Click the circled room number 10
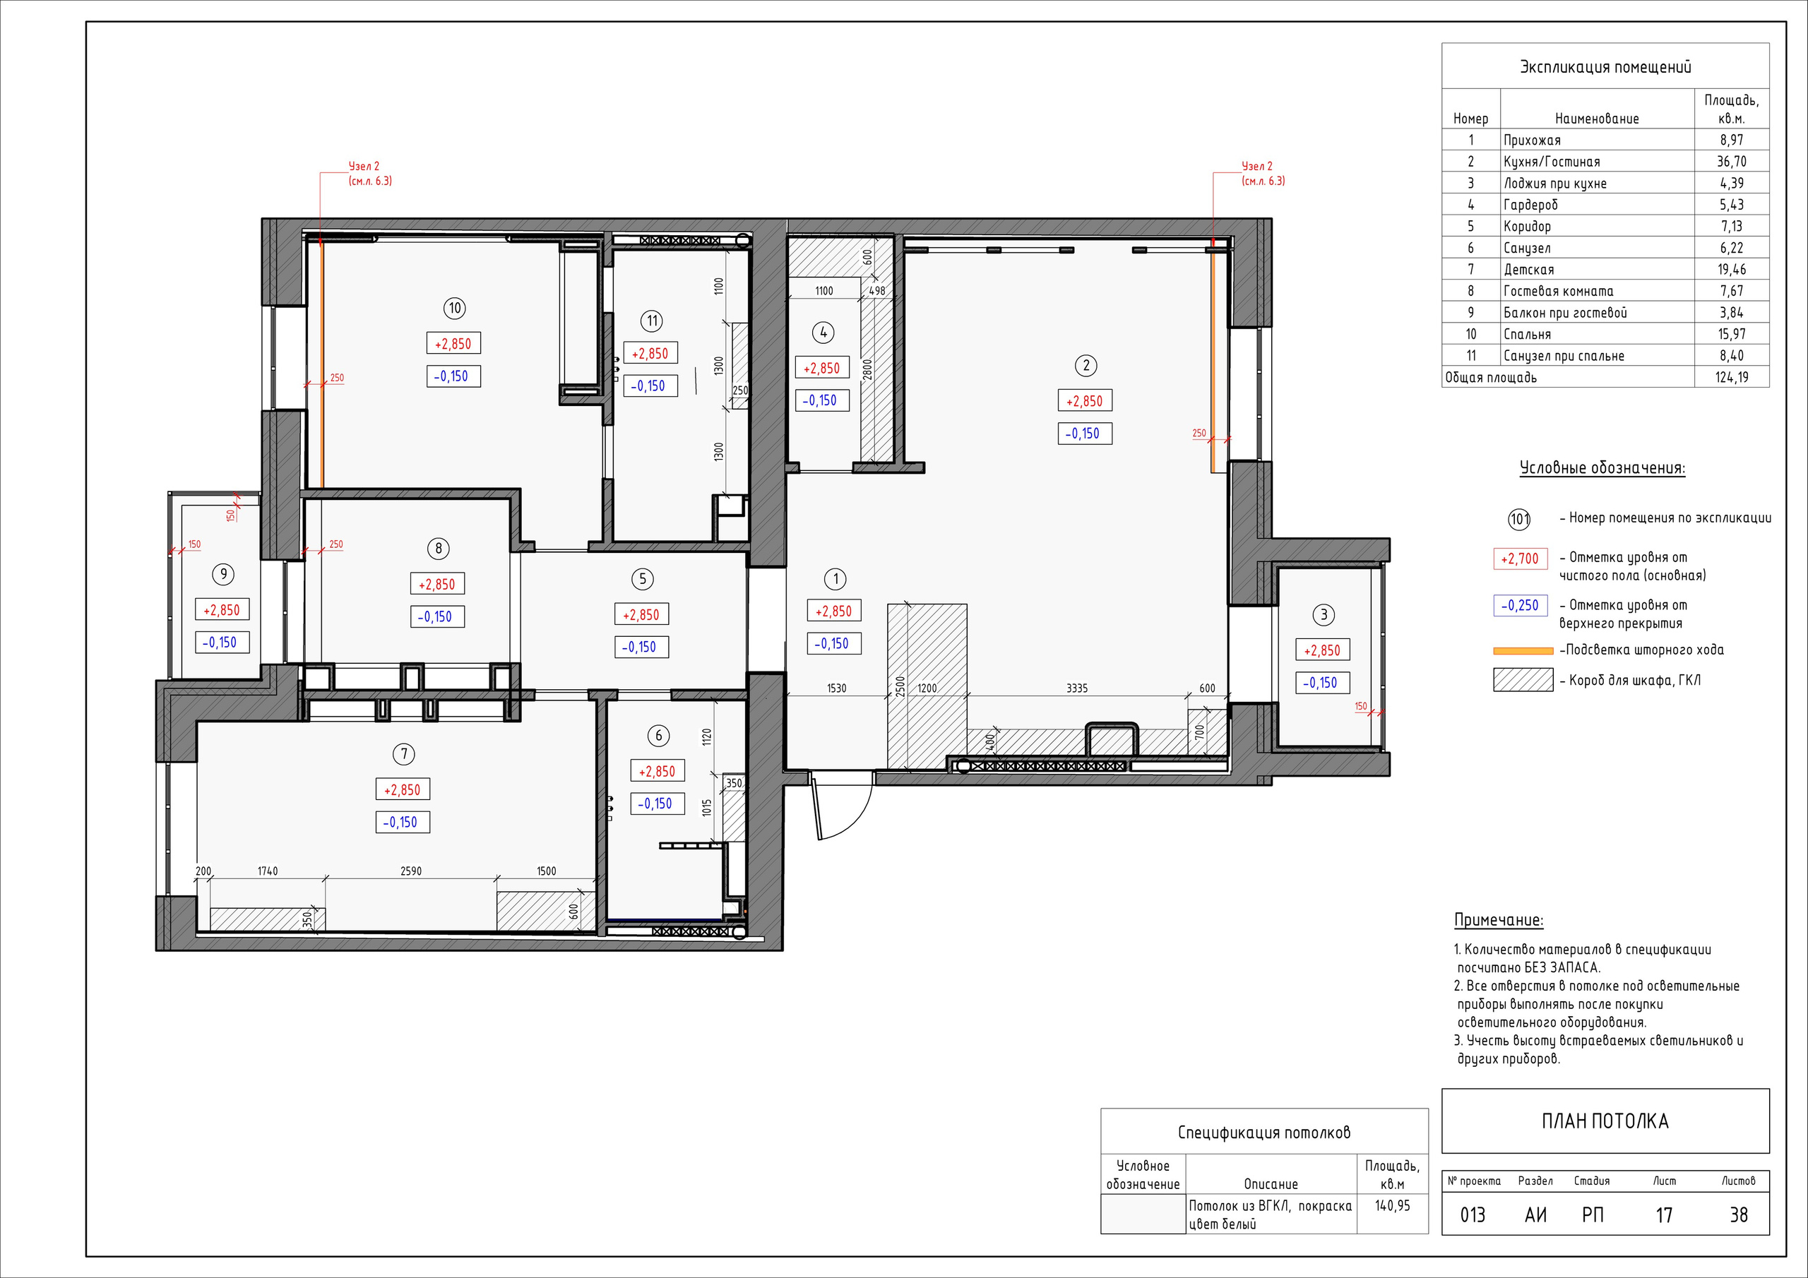(x=454, y=308)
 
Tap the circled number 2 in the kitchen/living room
(x=1086, y=365)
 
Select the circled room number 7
(x=404, y=754)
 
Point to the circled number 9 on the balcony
(x=224, y=574)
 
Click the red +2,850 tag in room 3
(x=1322, y=650)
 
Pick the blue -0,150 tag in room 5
(x=639, y=647)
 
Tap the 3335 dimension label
(x=1077, y=688)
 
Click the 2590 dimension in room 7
(x=411, y=871)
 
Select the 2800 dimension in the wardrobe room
(x=868, y=369)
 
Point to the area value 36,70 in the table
(x=1732, y=162)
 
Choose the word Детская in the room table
(x=1529, y=269)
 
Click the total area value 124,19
(x=1732, y=377)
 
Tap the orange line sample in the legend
(x=1523, y=651)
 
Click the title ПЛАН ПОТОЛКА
(x=1605, y=1121)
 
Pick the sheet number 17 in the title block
(x=1664, y=1215)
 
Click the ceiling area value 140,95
(x=1392, y=1205)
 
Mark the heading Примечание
(x=1499, y=920)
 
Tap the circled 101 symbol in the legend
(x=1519, y=520)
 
